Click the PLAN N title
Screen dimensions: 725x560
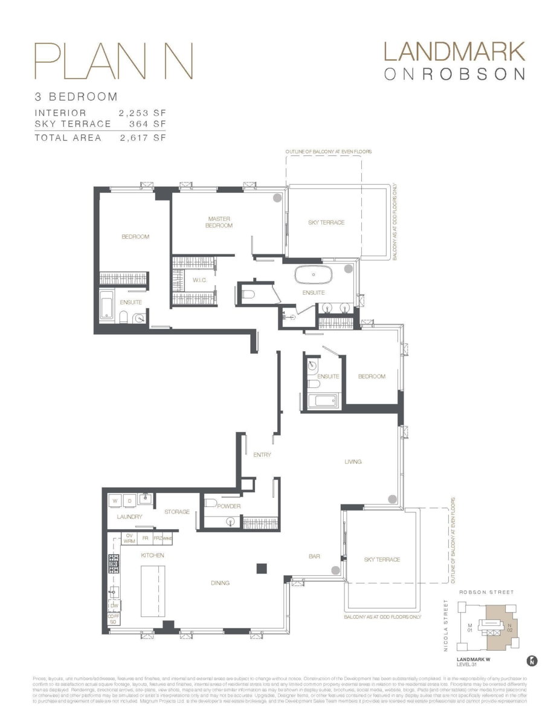coord(113,61)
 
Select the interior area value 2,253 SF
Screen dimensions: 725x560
coord(143,113)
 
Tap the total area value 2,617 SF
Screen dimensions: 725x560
coord(143,138)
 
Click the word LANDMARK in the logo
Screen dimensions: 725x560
coord(454,52)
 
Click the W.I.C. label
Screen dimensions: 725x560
coord(201,280)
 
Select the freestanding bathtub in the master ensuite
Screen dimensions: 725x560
coord(313,275)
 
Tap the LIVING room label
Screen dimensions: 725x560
coord(353,462)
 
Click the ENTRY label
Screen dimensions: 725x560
coord(262,455)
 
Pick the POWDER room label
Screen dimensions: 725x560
coord(229,506)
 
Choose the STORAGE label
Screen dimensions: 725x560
coord(177,512)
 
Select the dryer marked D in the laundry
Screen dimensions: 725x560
coord(129,501)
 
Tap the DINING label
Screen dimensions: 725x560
coord(220,583)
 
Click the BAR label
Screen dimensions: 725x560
coord(314,556)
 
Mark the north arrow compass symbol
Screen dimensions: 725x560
coord(532,661)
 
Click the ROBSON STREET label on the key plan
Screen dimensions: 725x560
coord(486,593)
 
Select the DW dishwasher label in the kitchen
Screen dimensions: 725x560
coord(114,605)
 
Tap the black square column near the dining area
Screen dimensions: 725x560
coord(262,568)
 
